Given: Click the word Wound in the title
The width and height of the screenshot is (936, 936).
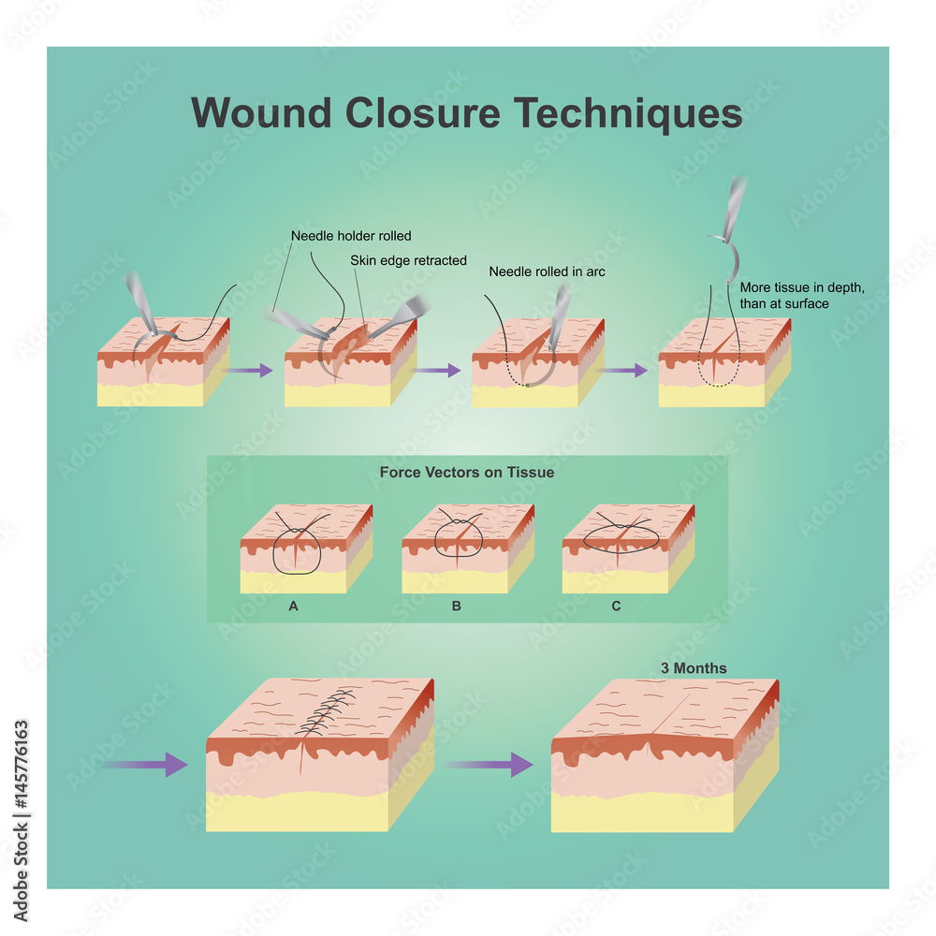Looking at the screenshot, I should [261, 112].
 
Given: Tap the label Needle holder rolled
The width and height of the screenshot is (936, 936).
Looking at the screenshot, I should [351, 236].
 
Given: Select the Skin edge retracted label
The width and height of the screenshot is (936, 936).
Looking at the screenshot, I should [408, 260].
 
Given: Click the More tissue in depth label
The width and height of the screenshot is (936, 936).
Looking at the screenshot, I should [801, 296].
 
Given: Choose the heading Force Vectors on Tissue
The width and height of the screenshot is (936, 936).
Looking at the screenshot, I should [466, 473].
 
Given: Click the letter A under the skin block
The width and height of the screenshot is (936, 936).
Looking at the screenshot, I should [293, 607].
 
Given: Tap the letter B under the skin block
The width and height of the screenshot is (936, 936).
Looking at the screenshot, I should [456, 607].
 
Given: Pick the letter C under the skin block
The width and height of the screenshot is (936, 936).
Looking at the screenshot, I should [616, 607].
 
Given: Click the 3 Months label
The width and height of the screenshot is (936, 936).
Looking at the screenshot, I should [694, 668].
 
